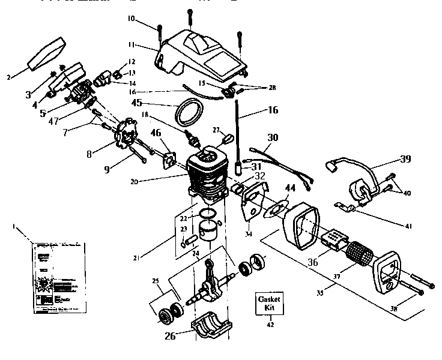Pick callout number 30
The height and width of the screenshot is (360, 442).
(x=273, y=137)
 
